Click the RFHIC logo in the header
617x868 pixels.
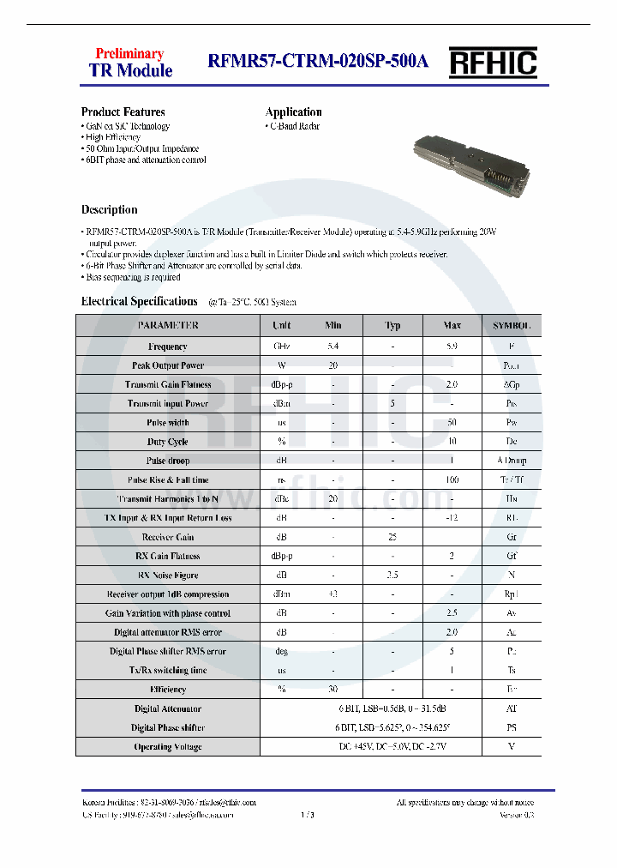pyautogui.click(x=494, y=62)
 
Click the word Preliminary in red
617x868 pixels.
pyautogui.click(x=129, y=53)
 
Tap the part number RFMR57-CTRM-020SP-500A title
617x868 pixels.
pyautogui.click(x=317, y=62)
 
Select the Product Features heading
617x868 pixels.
pyautogui.click(x=123, y=112)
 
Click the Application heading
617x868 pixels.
pyautogui.click(x=293, y=112)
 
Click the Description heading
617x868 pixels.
pyautogui.click(x=109, y=209)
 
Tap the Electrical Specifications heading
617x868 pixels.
pyautogui.click(x=139, y=301)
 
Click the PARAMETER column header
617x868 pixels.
pyautogui.click(x=167, y=326)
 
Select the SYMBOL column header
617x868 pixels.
pyautogui.click(x=512, y=326)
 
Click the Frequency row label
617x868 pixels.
pyautogui.click(x=167, y=347)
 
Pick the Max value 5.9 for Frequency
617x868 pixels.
pyautogui.click(x=452, y=347)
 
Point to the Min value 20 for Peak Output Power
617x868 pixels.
pyautogui.click(x=332, y=365)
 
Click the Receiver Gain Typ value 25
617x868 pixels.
pyautogui.click(x=392, y=537)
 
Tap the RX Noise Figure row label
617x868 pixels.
pyautogui.click(x=167, y=576)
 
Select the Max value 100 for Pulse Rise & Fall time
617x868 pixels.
pyautogui.click(x=452, y=480)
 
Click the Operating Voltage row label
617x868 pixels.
pyautogui.click(x=167, y=747)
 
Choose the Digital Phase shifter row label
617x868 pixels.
pyautogui.click(x=167, y=728)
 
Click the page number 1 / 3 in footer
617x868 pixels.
pyautogui.click(x=308, y=815)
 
